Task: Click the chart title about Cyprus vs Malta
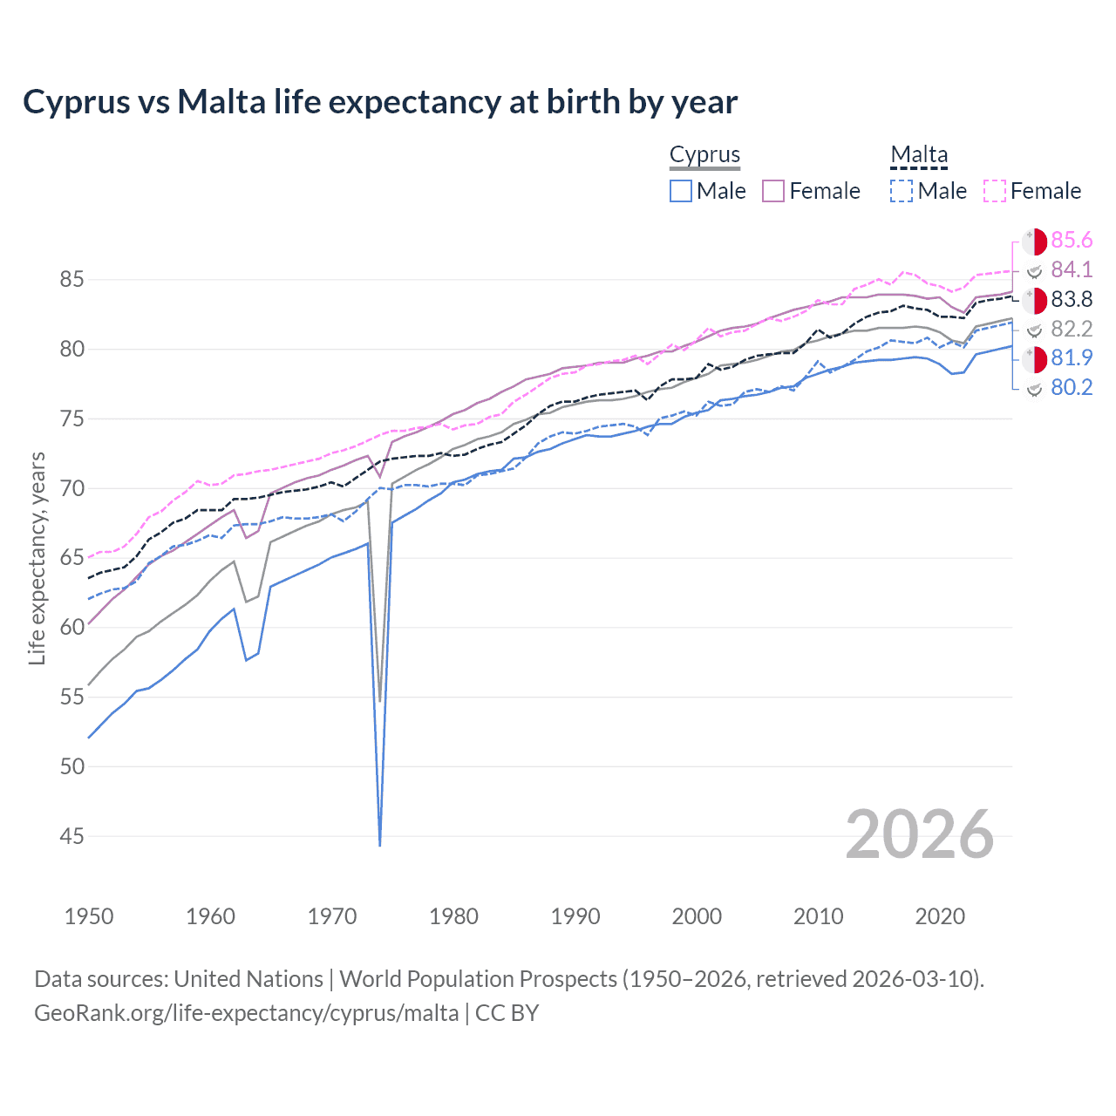(380, 102)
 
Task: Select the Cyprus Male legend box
(681, 191)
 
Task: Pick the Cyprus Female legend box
(774, 191)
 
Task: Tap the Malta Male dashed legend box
(902, 191)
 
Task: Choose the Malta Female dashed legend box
(995, 191)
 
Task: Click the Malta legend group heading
(919, 155)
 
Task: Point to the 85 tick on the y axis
(71, 280)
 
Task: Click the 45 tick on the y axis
(71, 836)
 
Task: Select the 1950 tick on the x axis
(89, 916)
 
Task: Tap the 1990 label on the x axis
(575, 916)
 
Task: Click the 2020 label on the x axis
(940, 916)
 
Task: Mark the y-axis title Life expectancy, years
(37, 558)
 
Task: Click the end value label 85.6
(1072, 241)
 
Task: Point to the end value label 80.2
(1072, 388)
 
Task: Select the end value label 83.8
(1072, 300)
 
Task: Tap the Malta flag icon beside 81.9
(1034, 358)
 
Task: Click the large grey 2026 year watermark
(920, 834)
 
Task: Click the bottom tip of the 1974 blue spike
(380, 844)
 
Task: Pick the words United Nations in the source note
(248, 979)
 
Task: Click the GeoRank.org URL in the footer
(246, 1013)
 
